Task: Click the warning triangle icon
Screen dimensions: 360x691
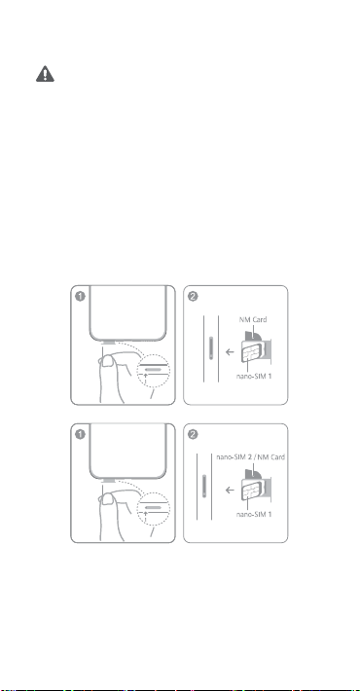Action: [45, 74]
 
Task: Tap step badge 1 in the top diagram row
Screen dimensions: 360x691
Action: [80, 296]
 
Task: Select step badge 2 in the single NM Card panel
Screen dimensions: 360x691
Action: [193, 296]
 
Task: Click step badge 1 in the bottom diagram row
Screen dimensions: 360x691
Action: [80, 434]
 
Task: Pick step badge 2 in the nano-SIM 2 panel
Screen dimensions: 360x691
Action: [193, 434]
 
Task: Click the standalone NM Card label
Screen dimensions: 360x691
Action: [253, 319]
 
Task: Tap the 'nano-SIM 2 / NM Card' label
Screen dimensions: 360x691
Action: [250, 457]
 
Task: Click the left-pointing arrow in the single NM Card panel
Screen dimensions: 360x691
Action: [230, 352]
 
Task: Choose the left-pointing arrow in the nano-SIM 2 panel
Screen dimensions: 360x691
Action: [230, 491]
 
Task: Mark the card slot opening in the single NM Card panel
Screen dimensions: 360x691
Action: [211, 349]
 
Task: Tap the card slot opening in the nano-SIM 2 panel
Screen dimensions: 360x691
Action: [204, 487]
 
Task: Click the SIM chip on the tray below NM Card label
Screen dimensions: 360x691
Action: [251, 352]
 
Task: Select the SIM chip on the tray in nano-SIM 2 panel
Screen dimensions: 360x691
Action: [251, 491]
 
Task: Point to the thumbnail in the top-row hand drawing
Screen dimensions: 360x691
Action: [107, 361]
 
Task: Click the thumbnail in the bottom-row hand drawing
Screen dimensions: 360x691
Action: [107, 499]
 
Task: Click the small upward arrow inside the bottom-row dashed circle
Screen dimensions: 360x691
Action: [145, 515]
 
